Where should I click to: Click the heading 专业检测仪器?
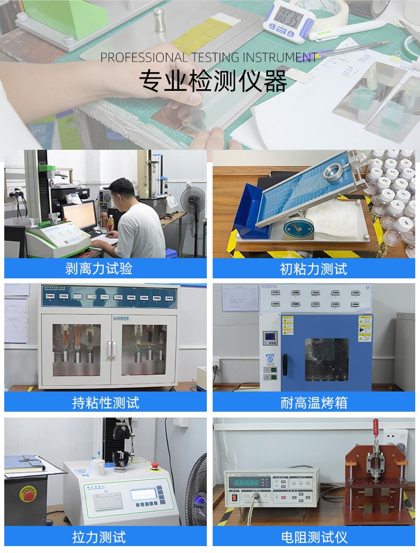click(x=213, y=81)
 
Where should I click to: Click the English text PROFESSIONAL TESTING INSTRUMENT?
click(x=208, y=57)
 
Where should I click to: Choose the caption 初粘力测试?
click(x=314, y=268)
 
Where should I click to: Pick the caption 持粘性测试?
click(x=105, y=402)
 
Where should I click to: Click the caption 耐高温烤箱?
click(x=314, y=402)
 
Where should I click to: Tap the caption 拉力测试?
click(x=99, y=537)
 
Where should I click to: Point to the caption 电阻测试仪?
click(x=314, y=537)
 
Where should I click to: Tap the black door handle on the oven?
click(x=285, y=365)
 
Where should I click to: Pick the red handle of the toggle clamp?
click(x=375, y=431)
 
